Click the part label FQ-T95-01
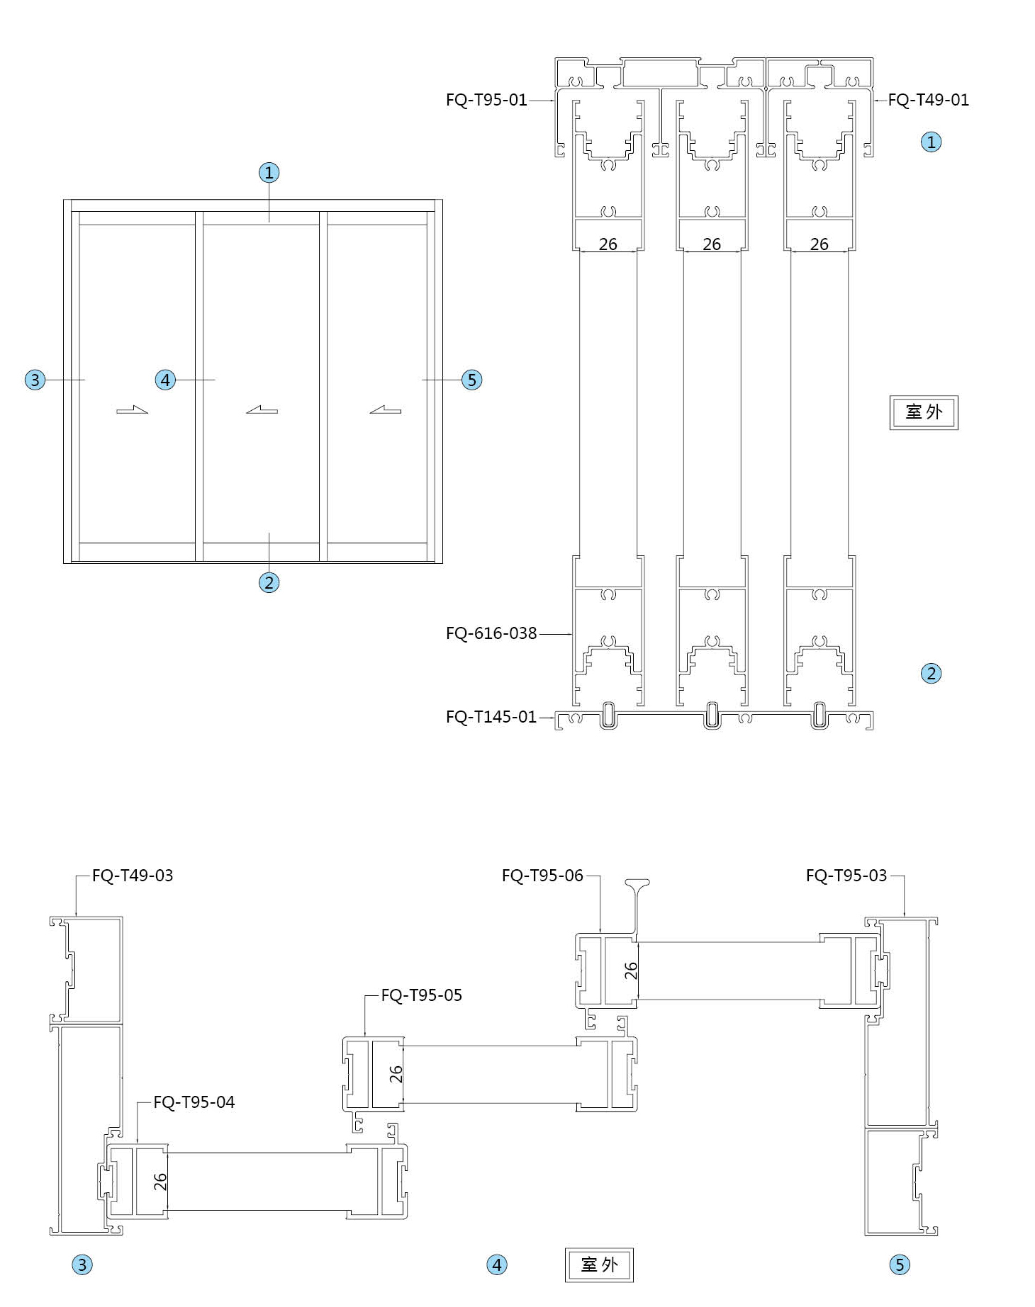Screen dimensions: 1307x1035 pos(486,100)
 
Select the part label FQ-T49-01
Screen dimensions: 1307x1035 pos(928,100)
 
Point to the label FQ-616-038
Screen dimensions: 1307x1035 pos(491,633)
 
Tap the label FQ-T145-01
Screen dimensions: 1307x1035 pos(491,717)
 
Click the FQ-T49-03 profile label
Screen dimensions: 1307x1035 pos(133,876)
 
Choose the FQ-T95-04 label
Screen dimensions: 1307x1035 pos(194,1102)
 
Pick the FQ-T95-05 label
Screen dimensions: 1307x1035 pos(422,995)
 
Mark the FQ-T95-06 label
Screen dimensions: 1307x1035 pos(542,876)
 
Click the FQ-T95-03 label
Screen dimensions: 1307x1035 pos(846,876)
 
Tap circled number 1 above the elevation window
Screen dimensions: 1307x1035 pos(269,172)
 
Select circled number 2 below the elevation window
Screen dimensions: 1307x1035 pos(269,583)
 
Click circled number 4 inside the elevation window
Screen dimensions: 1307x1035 pos(165,380)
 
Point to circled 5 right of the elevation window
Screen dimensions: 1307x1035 pos(472,380)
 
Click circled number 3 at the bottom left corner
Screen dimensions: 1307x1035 pos(82,1265)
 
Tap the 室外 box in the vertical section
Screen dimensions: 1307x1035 pos(924,412)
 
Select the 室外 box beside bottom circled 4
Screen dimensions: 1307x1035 pos(599,1265)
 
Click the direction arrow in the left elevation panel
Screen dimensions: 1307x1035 pos(132,409)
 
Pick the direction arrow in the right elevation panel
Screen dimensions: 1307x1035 pos(385,409)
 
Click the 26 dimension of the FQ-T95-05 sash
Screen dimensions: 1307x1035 pos(396,1074)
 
